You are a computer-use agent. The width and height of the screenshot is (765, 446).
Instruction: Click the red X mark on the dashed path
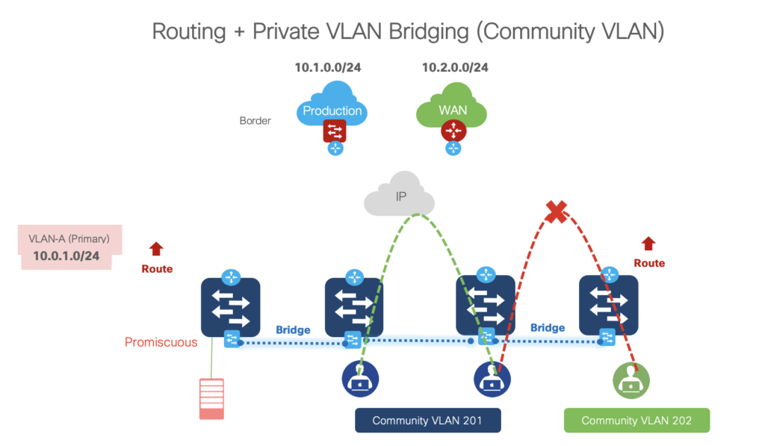[555, 213]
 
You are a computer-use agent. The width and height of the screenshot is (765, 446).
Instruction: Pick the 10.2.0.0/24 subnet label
[455, 67]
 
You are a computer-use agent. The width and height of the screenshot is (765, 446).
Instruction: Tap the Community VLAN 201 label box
[427, 421]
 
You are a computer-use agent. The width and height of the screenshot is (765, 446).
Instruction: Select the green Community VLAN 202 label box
[636, 421]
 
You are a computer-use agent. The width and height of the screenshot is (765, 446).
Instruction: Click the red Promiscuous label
[161, 343]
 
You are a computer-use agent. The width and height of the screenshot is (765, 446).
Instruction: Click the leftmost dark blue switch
[230, 307]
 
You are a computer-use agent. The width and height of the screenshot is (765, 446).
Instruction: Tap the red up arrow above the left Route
[156, 249]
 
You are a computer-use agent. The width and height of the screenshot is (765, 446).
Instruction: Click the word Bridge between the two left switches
[293, 329]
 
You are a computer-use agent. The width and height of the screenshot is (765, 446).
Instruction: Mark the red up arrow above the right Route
[648, 244]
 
